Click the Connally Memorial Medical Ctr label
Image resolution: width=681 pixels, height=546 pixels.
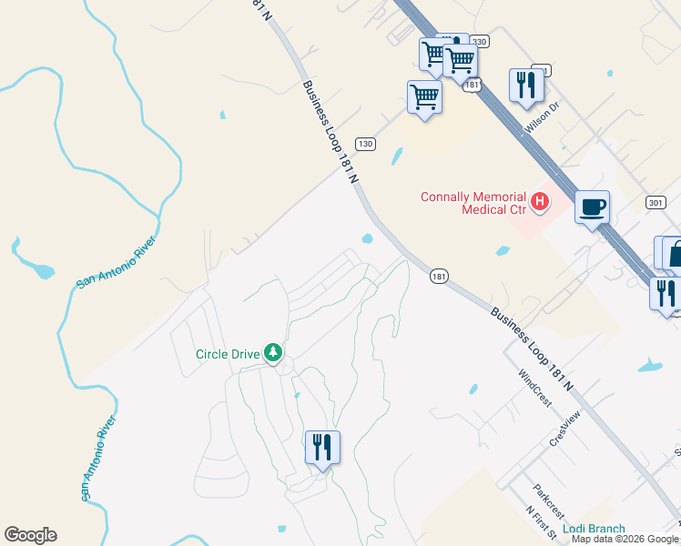tap(473, 203)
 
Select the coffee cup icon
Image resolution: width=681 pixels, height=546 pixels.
tap(592, 208)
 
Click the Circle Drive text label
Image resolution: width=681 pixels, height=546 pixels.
tap(227, 353)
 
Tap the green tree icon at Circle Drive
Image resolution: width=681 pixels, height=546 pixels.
tap(272, 352)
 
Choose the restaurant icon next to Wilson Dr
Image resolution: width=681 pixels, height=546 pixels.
tap(526, 86)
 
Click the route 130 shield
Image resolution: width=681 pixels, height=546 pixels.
tap(365, 144)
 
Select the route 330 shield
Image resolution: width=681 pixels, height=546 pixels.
tap(480, 42)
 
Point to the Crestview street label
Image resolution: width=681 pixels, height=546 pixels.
tap(564, 429)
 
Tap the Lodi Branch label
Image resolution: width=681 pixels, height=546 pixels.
tap(594, 529)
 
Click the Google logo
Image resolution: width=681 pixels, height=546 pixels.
tap(30, 535)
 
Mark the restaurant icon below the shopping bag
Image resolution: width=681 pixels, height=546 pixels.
tap(666, 294)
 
